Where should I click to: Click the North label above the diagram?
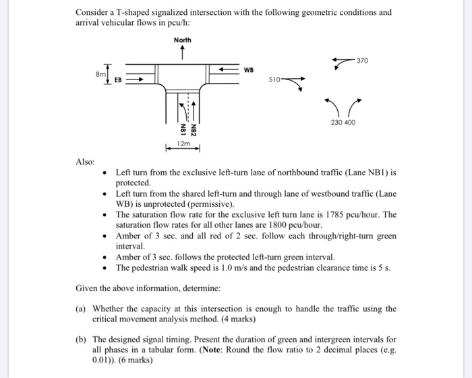[x=183, y=40]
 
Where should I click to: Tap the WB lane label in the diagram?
[x=249, y=70]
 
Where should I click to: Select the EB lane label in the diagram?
[x=118, y=79]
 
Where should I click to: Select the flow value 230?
[x=336, y=123]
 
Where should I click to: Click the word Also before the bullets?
[x=85, y=162]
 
